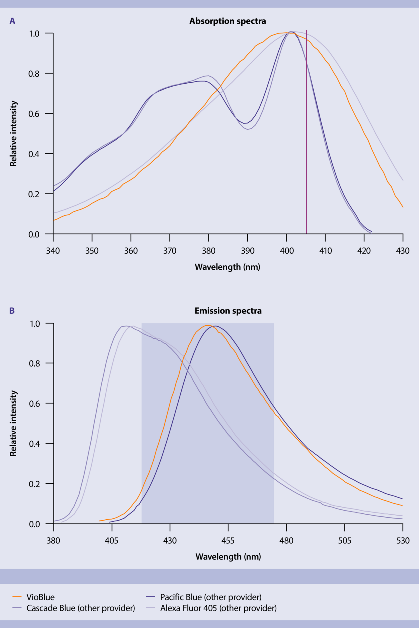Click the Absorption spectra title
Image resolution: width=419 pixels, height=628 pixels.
tap(228, 21)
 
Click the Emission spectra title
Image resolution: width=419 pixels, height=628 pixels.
tap(228, 311)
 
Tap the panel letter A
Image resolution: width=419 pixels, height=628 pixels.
tap(12, 21)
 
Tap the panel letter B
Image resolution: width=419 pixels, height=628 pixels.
tap(12, 311)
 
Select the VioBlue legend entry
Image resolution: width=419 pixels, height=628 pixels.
tap(40, 597)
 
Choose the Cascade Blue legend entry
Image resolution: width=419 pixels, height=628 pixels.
tap(81, 608)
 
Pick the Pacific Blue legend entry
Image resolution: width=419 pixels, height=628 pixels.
tap(211, 597)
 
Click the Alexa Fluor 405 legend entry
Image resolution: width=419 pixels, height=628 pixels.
tap(218, 608)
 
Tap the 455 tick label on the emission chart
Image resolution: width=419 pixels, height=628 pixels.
tap(228, 541)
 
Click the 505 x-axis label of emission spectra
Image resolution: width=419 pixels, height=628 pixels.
tap(344, 541)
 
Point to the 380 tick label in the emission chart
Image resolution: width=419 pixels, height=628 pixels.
tap(53, 541)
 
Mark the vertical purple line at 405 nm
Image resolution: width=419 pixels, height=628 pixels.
tap(306, 134)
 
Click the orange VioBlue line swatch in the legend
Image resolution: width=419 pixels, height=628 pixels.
tap(17, 597)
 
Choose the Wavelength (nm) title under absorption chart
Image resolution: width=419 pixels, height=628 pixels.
tap(227, 267)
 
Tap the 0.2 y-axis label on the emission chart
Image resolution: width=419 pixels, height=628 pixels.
tap(34, 484)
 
